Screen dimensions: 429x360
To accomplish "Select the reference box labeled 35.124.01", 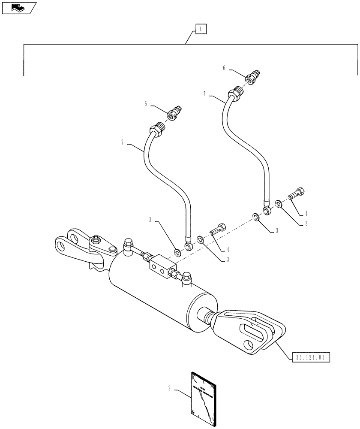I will point(312,356).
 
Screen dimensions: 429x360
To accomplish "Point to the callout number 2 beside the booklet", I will point(169,388).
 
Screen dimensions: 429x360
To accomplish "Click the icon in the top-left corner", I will point(18,7).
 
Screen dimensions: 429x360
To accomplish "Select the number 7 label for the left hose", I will point(123,142).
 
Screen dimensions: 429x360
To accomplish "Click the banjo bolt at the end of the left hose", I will point(218,229).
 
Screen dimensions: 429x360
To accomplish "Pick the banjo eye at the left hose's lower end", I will point(188,246).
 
